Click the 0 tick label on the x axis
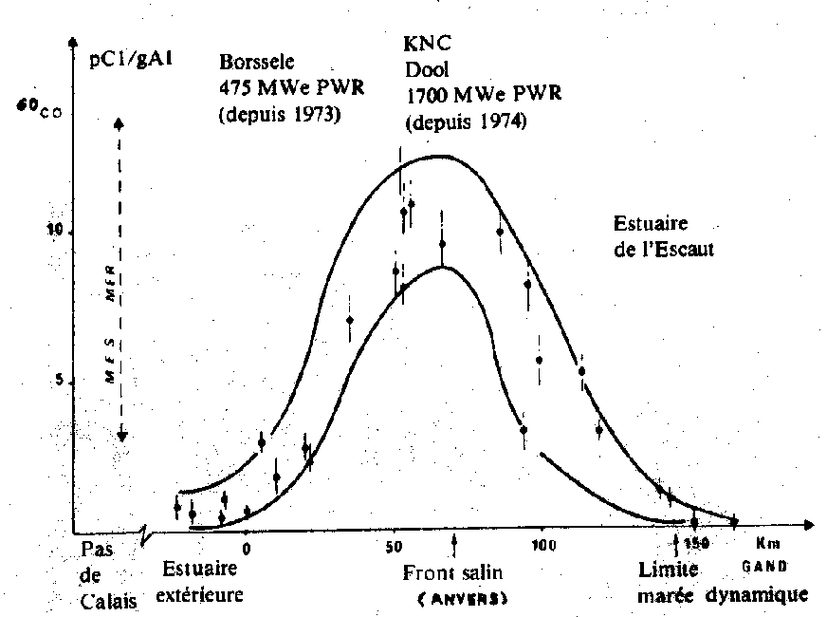[x=246, y=549]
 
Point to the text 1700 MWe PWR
[x=484, y=95]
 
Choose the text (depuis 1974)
[x=465, y=122]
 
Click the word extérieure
[x=201, y=595]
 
